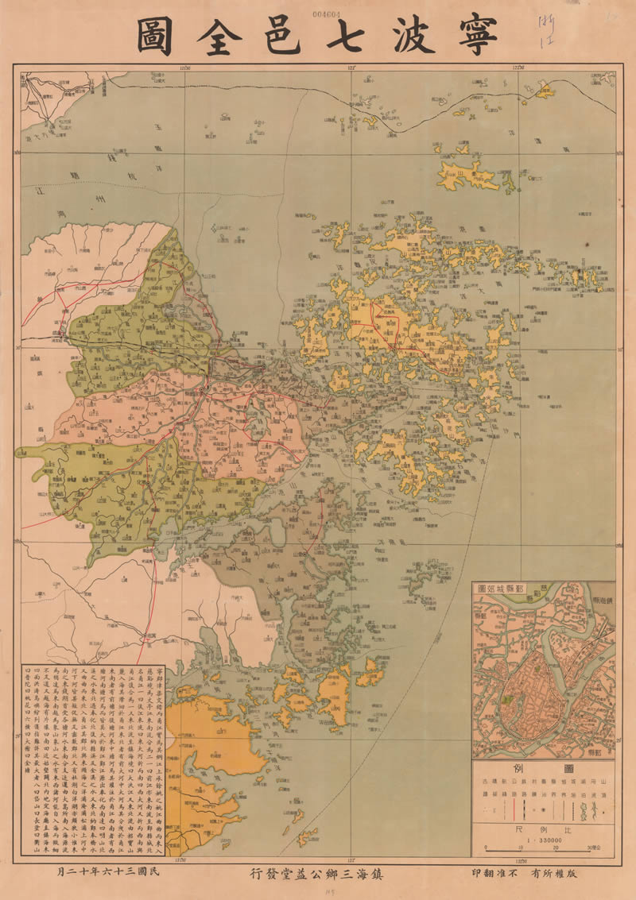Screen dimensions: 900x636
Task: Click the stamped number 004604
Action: click(327, 14)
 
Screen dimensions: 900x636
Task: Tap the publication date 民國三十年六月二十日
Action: click(128, 873)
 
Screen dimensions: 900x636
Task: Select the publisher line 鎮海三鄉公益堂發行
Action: click(318, 873)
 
